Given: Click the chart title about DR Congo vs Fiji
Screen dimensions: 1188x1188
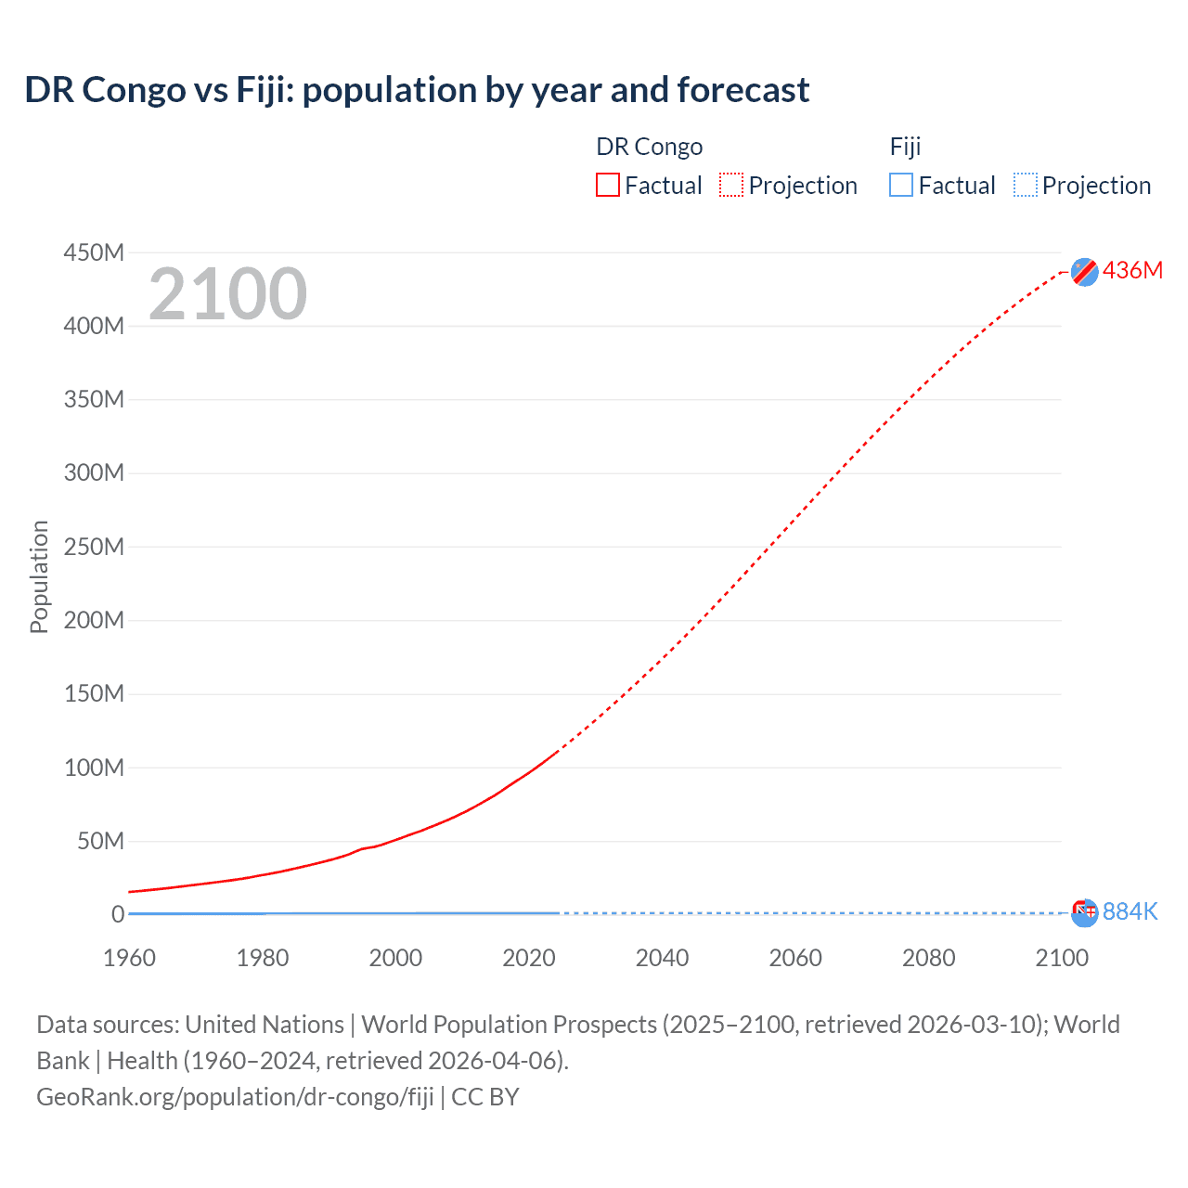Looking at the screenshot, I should click(x=417, y=90).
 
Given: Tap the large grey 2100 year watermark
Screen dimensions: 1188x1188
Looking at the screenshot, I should click(x=227, y=294).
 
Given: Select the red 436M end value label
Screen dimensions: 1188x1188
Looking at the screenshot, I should click(x=1132, y=270).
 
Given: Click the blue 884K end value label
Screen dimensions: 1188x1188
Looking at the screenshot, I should click(x=1130, y=911).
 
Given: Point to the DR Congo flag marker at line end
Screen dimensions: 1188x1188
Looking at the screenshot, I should click(x=1084, y=271).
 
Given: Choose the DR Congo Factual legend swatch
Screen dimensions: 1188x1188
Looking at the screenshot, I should click(x=607, y=186).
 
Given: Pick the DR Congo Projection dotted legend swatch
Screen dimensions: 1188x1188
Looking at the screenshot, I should click(x=731, y=186).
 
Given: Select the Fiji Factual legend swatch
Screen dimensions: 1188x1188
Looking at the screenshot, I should click(x=901, y=186).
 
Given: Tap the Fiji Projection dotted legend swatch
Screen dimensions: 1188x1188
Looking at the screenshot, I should click(x=1026, y=186).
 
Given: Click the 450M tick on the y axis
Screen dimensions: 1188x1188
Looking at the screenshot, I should click(x=94, y=252).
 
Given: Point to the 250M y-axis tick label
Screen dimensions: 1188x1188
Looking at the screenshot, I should click(x=94, y=547).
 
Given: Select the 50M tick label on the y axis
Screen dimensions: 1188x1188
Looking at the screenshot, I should click(x=100, y=841).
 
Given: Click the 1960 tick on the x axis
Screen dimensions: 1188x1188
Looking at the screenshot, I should click(x=129, y=958).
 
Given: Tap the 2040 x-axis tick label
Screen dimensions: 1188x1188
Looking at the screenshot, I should click(x=662, y=958).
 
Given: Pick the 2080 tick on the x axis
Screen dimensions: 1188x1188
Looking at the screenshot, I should click(x=928, y=958).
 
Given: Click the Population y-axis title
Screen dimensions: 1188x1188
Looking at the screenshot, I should click(x=39, y=576).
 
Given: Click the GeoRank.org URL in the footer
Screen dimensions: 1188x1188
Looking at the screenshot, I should click(x=235, y=1097).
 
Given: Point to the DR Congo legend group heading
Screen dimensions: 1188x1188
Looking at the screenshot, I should click(x=649, y=147).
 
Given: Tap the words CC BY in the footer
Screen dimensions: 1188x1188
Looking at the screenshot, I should click(x=485, y=1097).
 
